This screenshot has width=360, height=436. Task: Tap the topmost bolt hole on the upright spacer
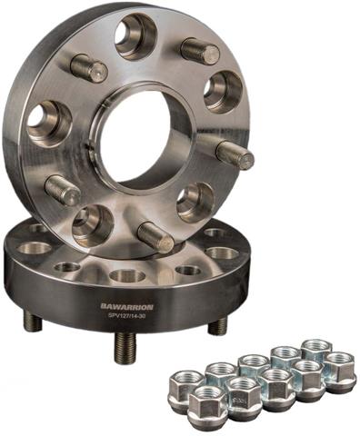point(135,37)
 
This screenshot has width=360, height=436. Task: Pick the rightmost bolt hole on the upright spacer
point(223,91)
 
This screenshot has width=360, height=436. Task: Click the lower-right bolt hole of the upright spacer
point(194,201)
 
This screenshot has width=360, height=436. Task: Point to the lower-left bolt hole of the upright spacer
point(93,222)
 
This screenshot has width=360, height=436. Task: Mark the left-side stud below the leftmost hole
point(64,190)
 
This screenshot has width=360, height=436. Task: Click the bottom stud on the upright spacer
point(155,237)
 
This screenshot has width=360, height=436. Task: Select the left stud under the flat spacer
point(34,320)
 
